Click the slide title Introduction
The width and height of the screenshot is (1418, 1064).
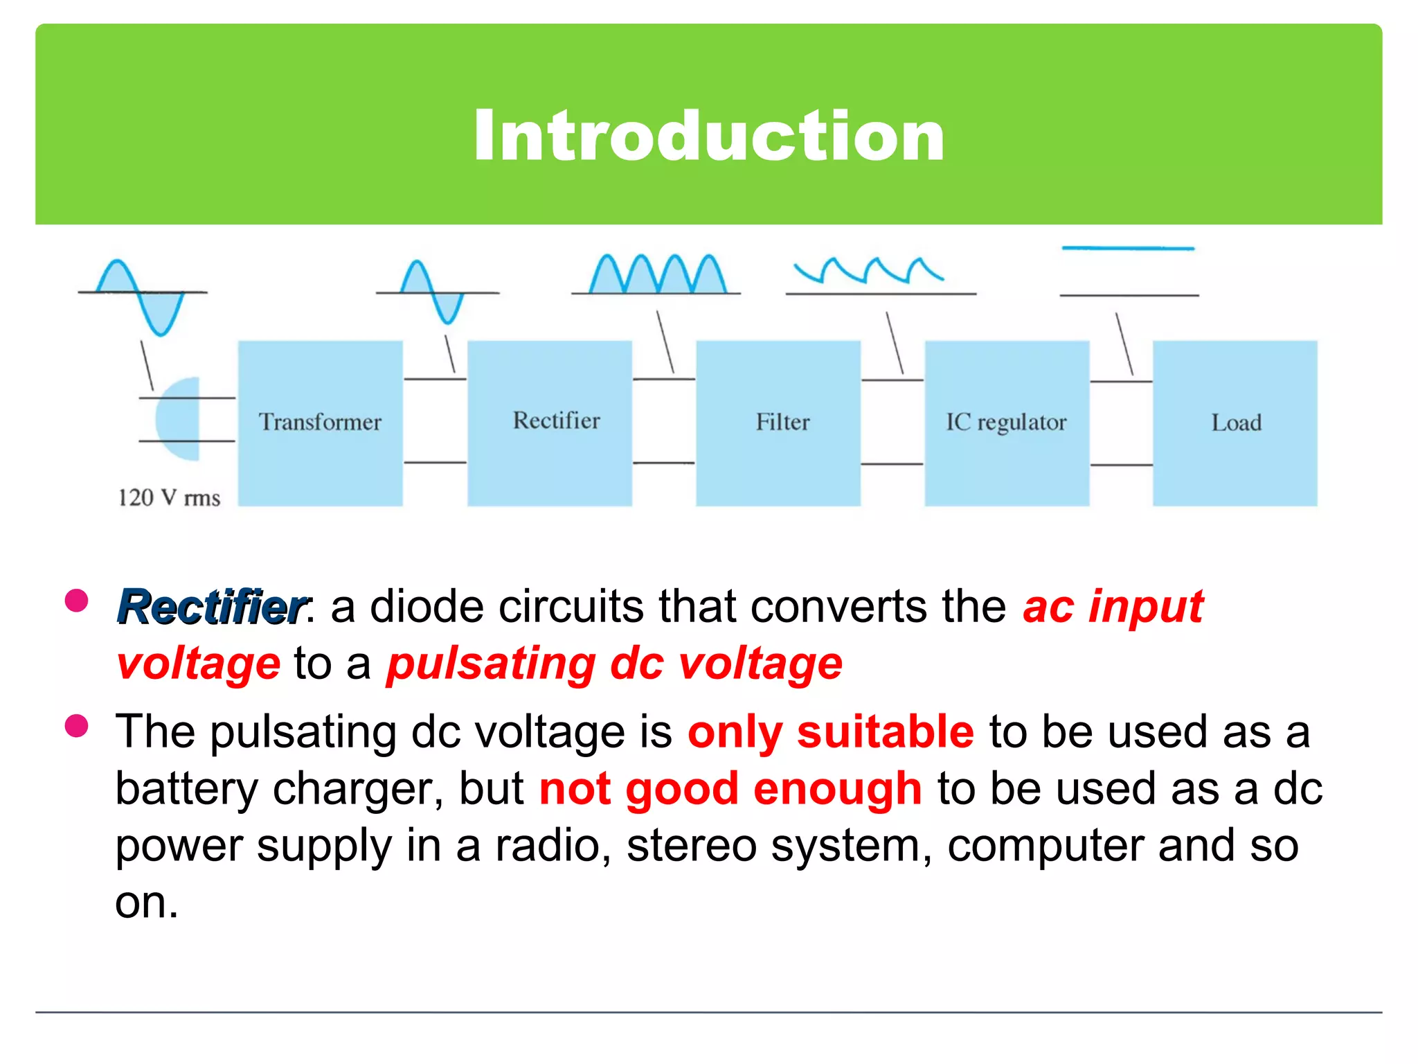[709, 136]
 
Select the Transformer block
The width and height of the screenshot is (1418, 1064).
[320, 423]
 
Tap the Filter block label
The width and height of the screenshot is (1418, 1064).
[782, 422]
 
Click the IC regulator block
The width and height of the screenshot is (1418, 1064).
[1006, 423]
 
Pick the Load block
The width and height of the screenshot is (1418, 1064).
[1235, 423]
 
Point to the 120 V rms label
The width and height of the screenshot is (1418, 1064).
[169, 497]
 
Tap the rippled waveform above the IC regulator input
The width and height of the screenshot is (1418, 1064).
[868, 271]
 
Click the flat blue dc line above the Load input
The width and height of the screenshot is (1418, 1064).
[1128, 248]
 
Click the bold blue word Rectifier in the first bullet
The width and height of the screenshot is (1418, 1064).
[211, 607]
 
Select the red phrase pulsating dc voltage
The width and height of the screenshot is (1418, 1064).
[614, 664]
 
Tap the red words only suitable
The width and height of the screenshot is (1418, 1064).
[830, 732]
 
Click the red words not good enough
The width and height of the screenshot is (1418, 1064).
[730, 789]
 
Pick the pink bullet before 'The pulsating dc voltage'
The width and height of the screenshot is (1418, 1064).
[76, 726]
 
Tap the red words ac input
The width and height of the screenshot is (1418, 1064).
[1113, 607]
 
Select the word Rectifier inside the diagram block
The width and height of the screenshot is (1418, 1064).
[556, 420]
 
